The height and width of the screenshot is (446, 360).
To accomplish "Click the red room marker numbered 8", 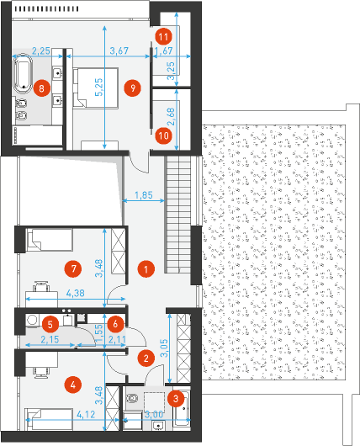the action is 42,88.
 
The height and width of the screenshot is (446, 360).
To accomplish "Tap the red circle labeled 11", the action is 163,37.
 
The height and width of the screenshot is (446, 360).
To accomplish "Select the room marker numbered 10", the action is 163,135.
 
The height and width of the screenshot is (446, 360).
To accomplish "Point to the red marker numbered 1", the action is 146,269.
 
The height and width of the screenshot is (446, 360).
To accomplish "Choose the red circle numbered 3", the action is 176,399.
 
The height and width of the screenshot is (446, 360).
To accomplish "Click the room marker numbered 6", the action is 115,323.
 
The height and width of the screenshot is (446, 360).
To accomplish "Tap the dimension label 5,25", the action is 99,87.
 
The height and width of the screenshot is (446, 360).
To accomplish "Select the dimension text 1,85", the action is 144,195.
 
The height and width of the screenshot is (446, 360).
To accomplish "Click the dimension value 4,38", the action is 76,293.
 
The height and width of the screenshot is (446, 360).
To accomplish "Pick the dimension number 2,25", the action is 41,51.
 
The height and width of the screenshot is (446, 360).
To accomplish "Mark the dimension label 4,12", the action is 86,414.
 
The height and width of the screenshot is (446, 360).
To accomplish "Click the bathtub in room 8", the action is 23,73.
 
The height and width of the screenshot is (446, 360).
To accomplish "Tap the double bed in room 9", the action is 96,88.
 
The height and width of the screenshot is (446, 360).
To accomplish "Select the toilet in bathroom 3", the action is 131,398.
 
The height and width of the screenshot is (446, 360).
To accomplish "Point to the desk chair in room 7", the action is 41,286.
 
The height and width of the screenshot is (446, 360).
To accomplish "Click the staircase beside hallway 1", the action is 178,215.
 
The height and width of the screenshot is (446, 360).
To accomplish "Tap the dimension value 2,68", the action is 171,117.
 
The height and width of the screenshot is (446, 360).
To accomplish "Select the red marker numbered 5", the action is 50,324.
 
